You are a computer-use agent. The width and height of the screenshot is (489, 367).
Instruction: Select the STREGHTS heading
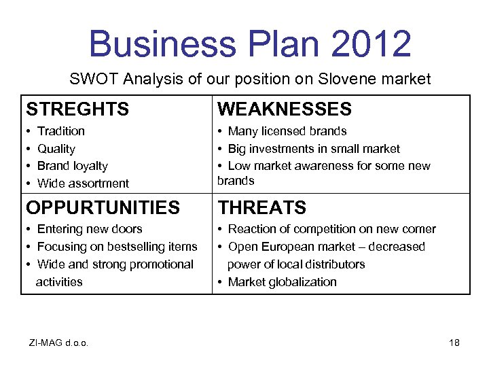pos(77,109)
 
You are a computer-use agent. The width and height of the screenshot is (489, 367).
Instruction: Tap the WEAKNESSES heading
pos(284,109)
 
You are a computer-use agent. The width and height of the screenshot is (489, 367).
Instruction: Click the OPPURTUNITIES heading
pos(103,207)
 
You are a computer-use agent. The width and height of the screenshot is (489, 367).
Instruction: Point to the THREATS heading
pos(261,207)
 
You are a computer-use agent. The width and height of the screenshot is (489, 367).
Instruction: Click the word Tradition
pos(61,131)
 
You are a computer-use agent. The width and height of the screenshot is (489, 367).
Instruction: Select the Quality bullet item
pos(56,149)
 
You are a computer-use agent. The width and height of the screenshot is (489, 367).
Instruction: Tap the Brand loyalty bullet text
pos(73,166)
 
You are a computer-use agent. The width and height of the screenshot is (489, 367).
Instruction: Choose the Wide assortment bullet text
pos(83,183)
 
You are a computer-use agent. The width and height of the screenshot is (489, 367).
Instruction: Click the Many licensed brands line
pos(287,131)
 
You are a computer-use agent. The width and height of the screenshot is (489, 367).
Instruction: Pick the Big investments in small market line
pos(314,149)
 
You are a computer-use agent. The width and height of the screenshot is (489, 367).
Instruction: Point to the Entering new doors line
pos(90,229)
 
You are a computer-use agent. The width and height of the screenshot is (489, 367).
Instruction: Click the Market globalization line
pos(282,282)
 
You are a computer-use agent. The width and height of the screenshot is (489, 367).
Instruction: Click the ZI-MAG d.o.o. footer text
pos(59,343)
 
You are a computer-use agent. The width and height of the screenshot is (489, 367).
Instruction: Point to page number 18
pos(454,343)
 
